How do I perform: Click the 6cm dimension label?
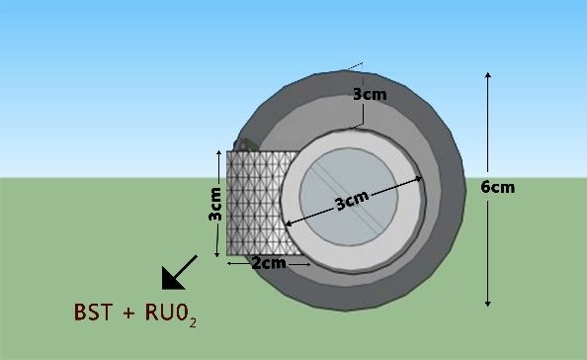pos(497,187)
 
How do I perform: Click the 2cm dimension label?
pos(269,263)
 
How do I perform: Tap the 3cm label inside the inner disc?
pos(352,201)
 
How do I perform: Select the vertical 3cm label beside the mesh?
pos(214,205)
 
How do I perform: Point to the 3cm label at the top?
pos(370,94)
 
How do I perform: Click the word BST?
pos(93,313)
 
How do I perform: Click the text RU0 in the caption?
pos(166,313)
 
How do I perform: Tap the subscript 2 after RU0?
pos(193,322)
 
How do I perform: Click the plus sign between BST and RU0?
pos(128,313)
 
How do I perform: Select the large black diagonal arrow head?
pos(171,280)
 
